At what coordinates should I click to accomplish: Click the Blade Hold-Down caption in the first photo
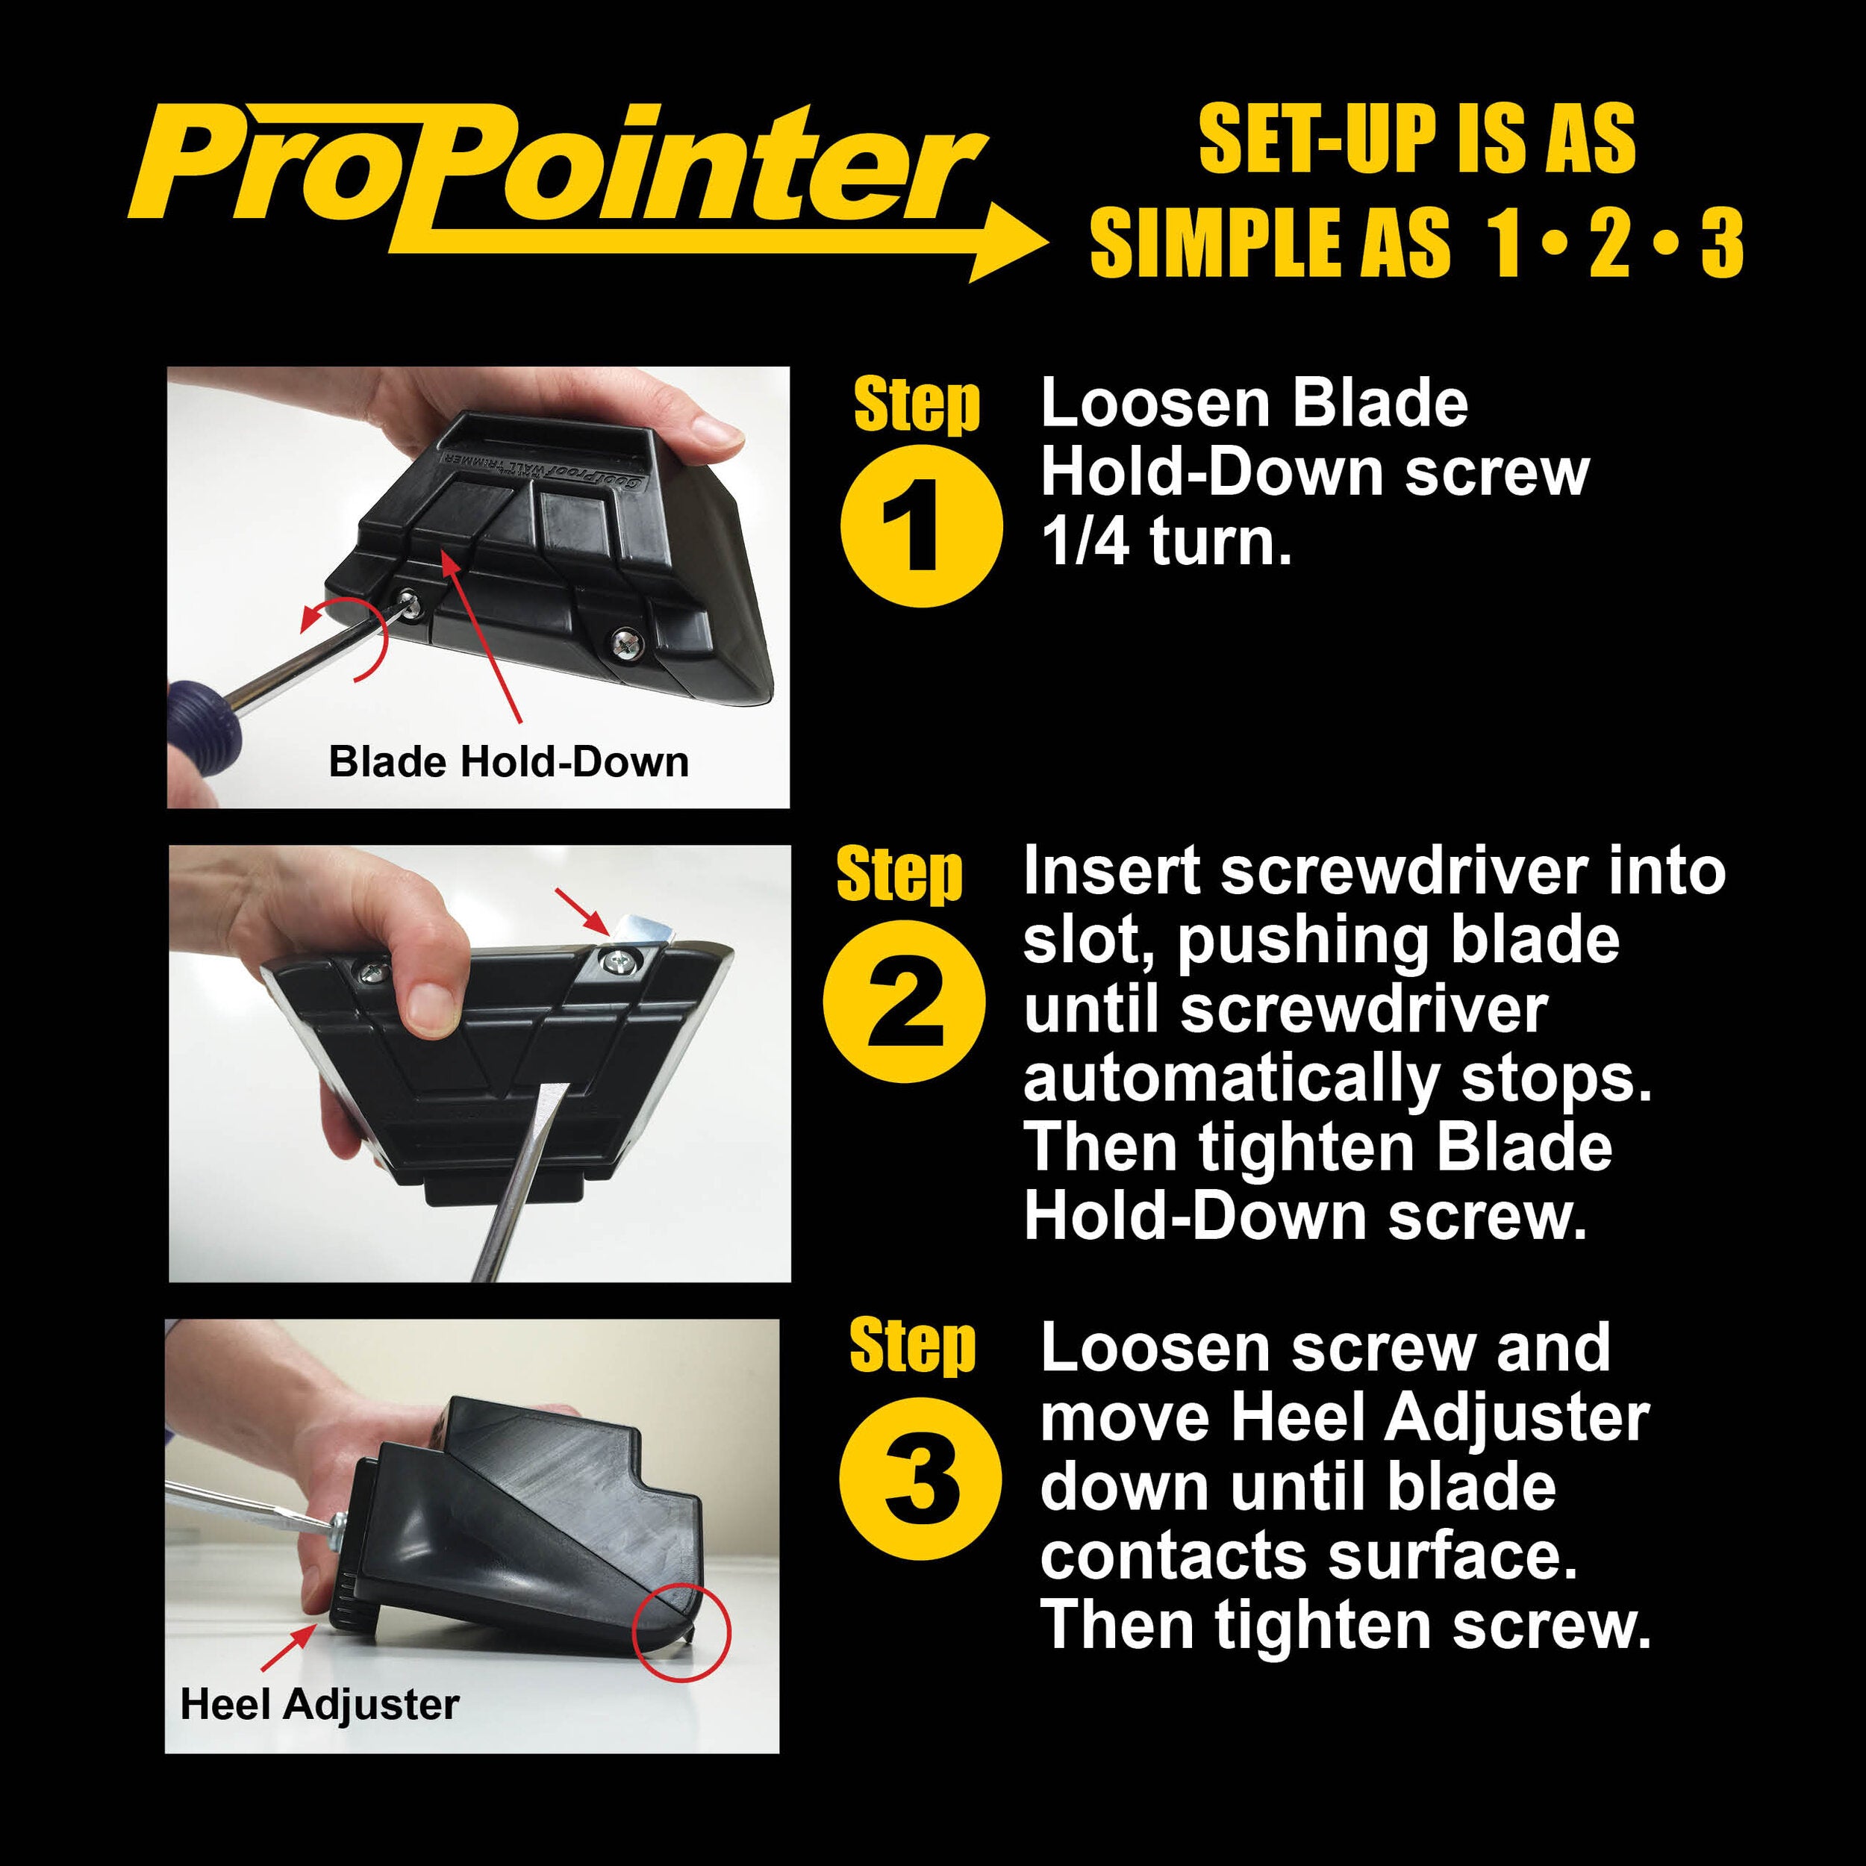(509, 762)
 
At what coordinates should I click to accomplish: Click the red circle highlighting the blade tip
(681, 1632)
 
